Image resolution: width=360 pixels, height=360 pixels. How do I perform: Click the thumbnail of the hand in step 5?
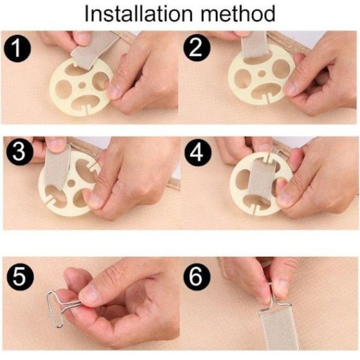point(90,293)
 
